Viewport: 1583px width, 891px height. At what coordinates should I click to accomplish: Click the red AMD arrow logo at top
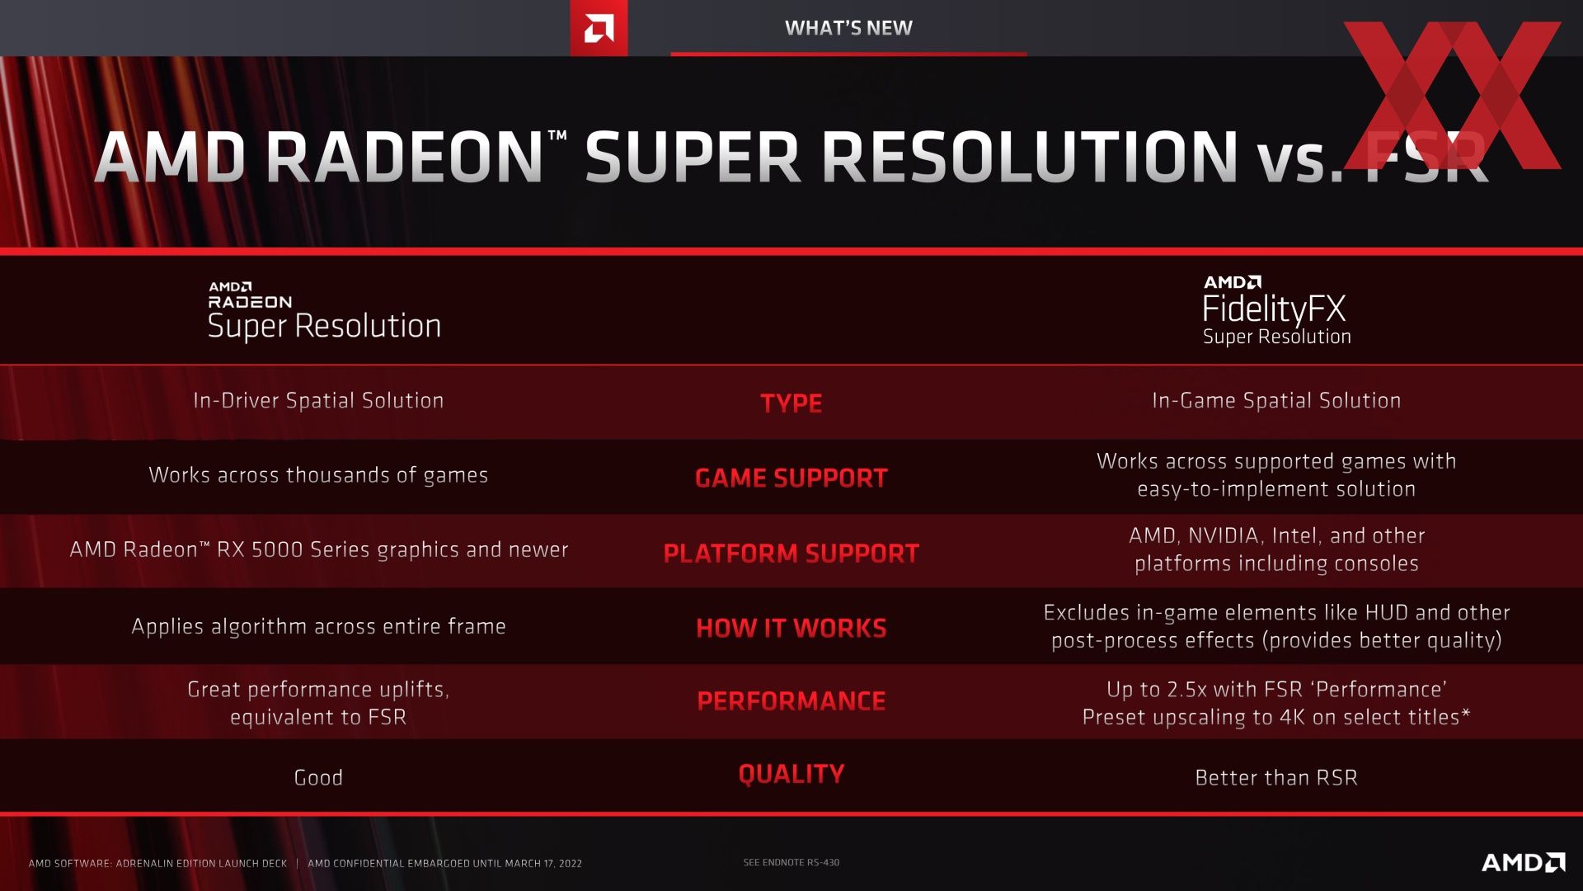[599, 28]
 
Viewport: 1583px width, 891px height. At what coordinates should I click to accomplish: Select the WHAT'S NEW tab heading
[848, 28]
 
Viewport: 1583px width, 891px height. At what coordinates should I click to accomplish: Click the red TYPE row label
[791, 403]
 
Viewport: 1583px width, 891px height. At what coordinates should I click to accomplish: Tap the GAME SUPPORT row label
[791, 478]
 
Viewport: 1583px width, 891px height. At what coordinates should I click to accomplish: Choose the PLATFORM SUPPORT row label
[791, 553]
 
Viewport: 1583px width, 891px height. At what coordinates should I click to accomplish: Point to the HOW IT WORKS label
[791, 628]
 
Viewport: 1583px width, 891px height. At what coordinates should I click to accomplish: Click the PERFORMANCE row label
[791, 701]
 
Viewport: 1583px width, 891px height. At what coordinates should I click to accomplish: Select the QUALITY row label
[791, 774]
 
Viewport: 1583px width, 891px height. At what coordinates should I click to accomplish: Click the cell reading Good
[318, 777]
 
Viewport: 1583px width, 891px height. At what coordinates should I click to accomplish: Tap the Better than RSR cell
[1276, 777]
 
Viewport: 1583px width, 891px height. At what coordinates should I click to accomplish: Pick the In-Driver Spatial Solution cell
[318, 400]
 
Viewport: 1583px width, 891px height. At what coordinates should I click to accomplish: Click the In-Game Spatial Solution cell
[1276, 400]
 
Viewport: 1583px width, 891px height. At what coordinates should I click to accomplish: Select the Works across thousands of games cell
[318, 475]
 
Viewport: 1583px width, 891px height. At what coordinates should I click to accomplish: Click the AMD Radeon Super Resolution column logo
[324, 311]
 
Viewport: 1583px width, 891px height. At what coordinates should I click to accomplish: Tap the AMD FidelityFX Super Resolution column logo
[1276, 311]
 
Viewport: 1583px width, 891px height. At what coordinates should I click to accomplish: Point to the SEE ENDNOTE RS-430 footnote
[791, 862]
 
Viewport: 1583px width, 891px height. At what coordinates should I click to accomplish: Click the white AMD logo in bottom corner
[1524, 862]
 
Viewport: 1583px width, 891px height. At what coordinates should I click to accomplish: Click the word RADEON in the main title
[404, 157]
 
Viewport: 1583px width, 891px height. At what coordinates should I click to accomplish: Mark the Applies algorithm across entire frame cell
[318, 626]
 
